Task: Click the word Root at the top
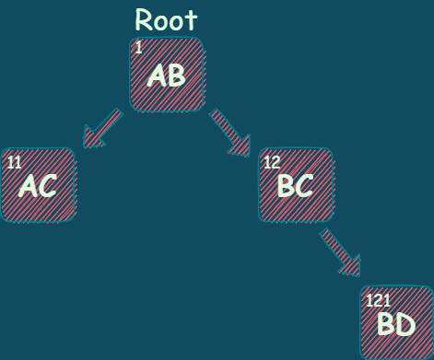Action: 166,19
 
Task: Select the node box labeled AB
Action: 166,75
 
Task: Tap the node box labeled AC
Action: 38,185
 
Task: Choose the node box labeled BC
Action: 295,185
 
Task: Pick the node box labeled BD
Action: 396,322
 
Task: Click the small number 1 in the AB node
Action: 138,48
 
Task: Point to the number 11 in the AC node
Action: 14,163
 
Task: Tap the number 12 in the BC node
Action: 272,163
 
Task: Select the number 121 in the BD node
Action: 379,301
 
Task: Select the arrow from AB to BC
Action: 230,131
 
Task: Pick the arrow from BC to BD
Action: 339,250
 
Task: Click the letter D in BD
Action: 406,324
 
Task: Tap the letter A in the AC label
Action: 28,187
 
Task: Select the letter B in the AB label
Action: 176,75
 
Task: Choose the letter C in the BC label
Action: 304,186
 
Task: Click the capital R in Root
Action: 145,20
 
